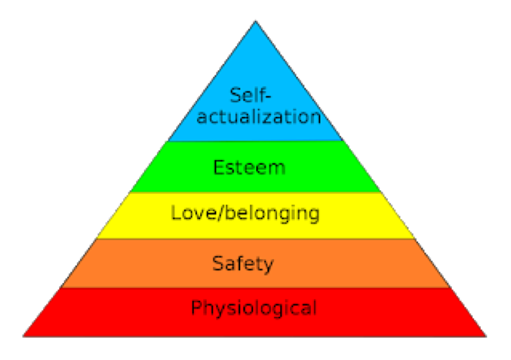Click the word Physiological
tap(254, 309)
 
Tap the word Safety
tap(243, 264)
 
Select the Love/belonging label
tap(245, 213)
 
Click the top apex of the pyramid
tap(255, 23)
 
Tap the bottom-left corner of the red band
tap(25, 335)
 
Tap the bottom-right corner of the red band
tap(485, 335)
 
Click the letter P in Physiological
tap(197, 308)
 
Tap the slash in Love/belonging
tap(223, 213)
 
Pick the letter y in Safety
tap(268, 265)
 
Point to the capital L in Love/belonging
tap(176, 212)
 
